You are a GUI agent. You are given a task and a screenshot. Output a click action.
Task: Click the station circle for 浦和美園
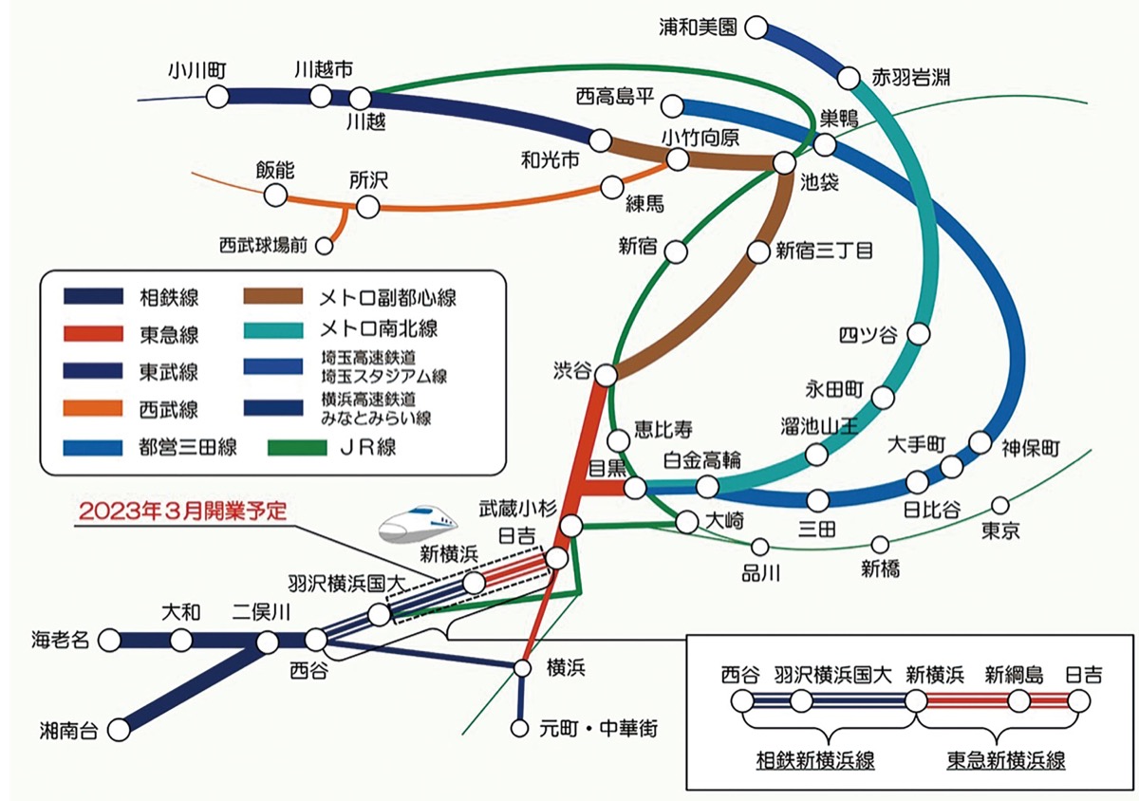(x=756, y=28)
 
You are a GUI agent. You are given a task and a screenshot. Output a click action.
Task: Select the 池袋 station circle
(x=784, y=163)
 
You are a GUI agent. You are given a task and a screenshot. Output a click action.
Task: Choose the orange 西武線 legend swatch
(x=93, y=408)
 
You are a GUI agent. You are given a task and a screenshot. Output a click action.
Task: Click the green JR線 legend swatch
(x=302, y=445)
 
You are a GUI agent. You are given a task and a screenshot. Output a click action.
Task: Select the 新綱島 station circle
(x=1018, y=702)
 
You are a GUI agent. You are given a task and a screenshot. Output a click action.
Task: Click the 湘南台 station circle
(x=120, y=730)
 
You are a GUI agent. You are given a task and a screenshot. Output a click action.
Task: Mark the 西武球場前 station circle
(x=324, y=247)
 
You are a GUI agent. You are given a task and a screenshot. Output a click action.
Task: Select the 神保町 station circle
(x=980, y=443)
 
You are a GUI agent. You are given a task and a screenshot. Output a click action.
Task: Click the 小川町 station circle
(x=217, y=96)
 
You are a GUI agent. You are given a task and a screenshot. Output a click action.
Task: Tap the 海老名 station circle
(x=112, y=640)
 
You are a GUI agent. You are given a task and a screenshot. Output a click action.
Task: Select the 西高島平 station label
(x=615, y=96)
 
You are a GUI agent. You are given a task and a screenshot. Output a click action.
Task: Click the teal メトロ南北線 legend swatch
(x=302, y=333)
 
